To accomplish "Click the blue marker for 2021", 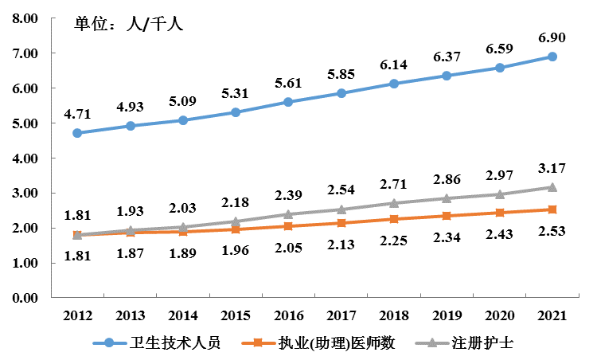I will (552, 57).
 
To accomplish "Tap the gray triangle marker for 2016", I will (288, 214).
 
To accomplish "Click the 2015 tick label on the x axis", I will (236, 314).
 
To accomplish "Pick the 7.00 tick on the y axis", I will (25, 53).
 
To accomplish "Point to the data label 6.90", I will (552, 37).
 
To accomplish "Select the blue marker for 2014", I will (183, 120).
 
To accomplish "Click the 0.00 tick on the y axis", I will (25, 298).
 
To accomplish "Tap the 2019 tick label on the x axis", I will (447, 314).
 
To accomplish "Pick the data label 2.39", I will (288, 195).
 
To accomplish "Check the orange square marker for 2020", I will (499, 213).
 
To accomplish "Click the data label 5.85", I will (341, 74).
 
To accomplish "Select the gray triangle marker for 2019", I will (447, 198).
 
